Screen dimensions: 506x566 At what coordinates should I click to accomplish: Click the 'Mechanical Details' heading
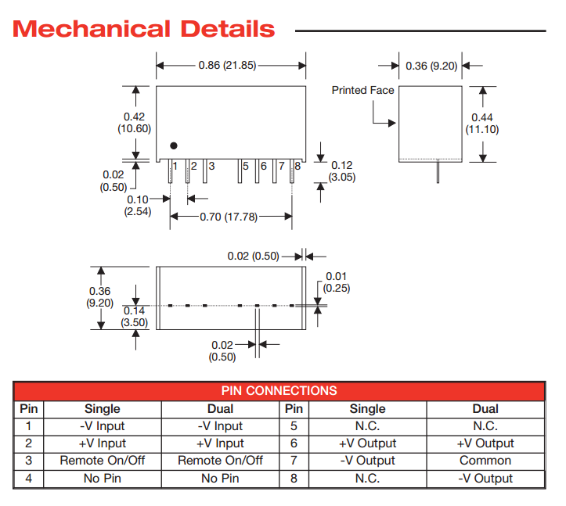click(145, 30)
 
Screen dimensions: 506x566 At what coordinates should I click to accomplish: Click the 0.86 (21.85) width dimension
click(231, 66)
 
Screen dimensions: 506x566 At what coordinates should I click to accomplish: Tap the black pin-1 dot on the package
click(174, 145)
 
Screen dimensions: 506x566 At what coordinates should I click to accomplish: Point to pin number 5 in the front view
click(246, 166)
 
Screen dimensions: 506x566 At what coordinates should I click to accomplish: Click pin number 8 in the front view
click(297, 166)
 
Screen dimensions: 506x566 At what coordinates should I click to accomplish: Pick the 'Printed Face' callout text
click(362, 90)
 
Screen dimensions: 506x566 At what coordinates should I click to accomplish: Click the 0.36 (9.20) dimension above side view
click(431, 66)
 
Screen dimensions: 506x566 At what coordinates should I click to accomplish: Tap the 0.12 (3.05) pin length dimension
click(342, 171)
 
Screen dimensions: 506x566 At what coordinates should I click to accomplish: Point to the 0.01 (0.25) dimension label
click(336, 282)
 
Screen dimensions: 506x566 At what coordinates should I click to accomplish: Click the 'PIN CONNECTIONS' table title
click(279, 391)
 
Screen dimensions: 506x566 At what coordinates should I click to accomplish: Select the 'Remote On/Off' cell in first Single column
click(103, 461)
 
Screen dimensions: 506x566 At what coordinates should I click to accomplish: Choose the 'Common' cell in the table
click(485, 461)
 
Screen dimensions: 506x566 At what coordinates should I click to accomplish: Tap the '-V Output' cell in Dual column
click(485, 478)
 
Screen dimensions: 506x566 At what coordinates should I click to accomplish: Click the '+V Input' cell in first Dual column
click(220, 443)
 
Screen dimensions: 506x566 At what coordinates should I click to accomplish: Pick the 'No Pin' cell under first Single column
click(103, 478)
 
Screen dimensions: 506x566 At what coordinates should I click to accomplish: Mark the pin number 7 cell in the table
click(294, 461)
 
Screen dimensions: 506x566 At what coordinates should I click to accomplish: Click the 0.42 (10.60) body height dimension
click(134, 123)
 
